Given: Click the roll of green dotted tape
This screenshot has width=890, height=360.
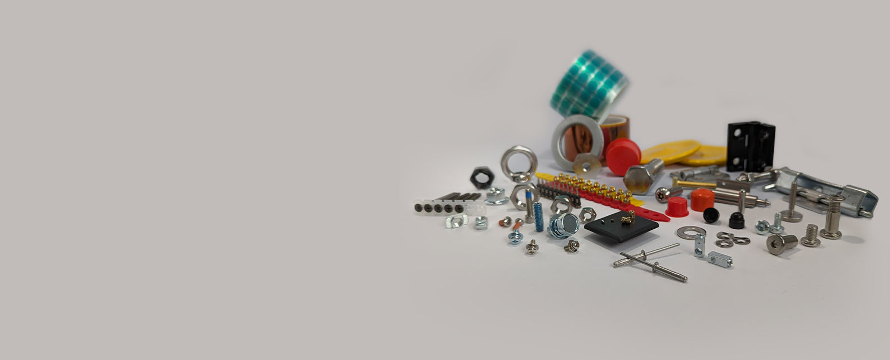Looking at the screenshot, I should [589, 83].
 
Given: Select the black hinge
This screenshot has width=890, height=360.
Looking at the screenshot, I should [750, 146].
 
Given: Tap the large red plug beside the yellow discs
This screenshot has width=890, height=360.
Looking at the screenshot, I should [623, 156].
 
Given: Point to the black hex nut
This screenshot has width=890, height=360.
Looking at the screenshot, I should [482, 177].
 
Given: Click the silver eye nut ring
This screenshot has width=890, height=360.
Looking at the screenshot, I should [518, 164].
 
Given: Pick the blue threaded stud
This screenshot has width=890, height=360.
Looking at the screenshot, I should [538, 216].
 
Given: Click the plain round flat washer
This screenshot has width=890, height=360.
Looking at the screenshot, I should [691, 232].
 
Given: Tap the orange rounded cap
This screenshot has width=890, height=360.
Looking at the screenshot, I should [703, 200].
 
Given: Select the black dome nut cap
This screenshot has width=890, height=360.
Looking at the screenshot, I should [737, 221].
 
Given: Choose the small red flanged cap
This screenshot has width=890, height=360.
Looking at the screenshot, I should [676, 208].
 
